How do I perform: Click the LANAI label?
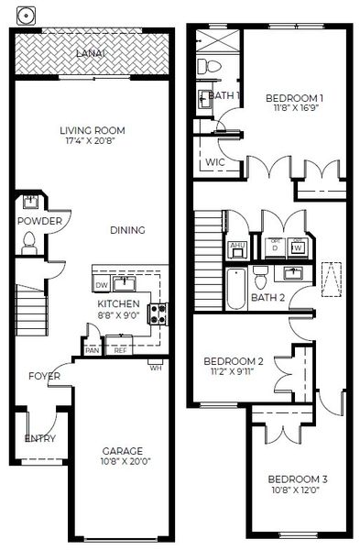coord(92,54)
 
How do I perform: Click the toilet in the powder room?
coord(28,242)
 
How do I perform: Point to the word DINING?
coord(127,230)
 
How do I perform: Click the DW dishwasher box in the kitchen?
coord(102,284)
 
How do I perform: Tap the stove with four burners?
coord(158,314)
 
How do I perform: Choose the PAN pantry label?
coord(92,349)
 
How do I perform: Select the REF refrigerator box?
coord(120,349)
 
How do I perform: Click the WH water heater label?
coord(156,368)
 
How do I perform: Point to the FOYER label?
coord(44,377)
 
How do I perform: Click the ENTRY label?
coord(39,438)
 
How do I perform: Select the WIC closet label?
coord(215,161)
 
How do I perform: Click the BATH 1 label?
coord(224,95)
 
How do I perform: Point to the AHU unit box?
coord(236,246)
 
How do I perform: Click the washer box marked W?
coord(297,247)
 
